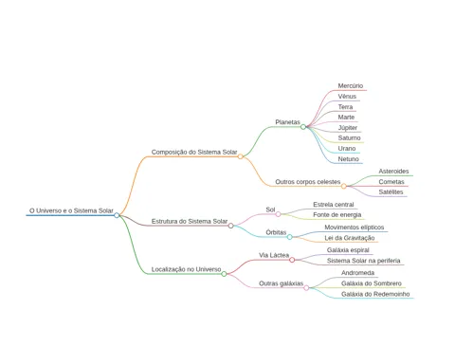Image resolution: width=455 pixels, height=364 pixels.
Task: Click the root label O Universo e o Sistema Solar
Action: (x=71, y=210)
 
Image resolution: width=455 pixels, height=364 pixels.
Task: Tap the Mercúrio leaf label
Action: (x=351, y=85)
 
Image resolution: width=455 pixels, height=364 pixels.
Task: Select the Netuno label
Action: (x=348, y=159)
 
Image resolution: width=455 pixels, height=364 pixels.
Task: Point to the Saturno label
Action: (x=349, y=137)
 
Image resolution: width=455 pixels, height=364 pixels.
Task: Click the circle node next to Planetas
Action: (x=303, y=127)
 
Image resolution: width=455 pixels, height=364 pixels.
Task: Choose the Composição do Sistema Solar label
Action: (x=194, y=152)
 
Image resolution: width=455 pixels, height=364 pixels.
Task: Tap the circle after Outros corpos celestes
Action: (x=344, y=186)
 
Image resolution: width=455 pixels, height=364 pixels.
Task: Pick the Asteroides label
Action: (x=393, y=172)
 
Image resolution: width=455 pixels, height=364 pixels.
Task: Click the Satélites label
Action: (x=391, y=191)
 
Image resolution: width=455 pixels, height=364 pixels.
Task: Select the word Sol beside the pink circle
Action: (x=270, y=209)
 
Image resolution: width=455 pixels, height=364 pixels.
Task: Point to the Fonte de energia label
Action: (x=337, y=215)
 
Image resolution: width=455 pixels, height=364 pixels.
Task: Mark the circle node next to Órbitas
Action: (x=290, y=237)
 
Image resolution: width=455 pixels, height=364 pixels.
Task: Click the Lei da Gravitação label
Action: (x=350, y=238)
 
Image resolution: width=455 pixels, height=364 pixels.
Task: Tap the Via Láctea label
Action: (x=274, y=255)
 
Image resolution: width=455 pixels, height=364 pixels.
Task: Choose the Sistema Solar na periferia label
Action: (x=364, y=261)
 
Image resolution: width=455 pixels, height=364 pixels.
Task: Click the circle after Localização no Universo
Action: (x=224, y=274)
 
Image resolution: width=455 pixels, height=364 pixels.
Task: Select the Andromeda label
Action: (x=357, y=273)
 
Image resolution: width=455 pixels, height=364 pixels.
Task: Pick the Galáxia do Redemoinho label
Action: (x=375, y=294)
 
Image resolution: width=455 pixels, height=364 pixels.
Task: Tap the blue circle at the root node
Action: (x=117, y=215)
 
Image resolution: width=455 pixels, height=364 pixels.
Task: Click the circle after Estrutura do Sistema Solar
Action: (x=231, y=226)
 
